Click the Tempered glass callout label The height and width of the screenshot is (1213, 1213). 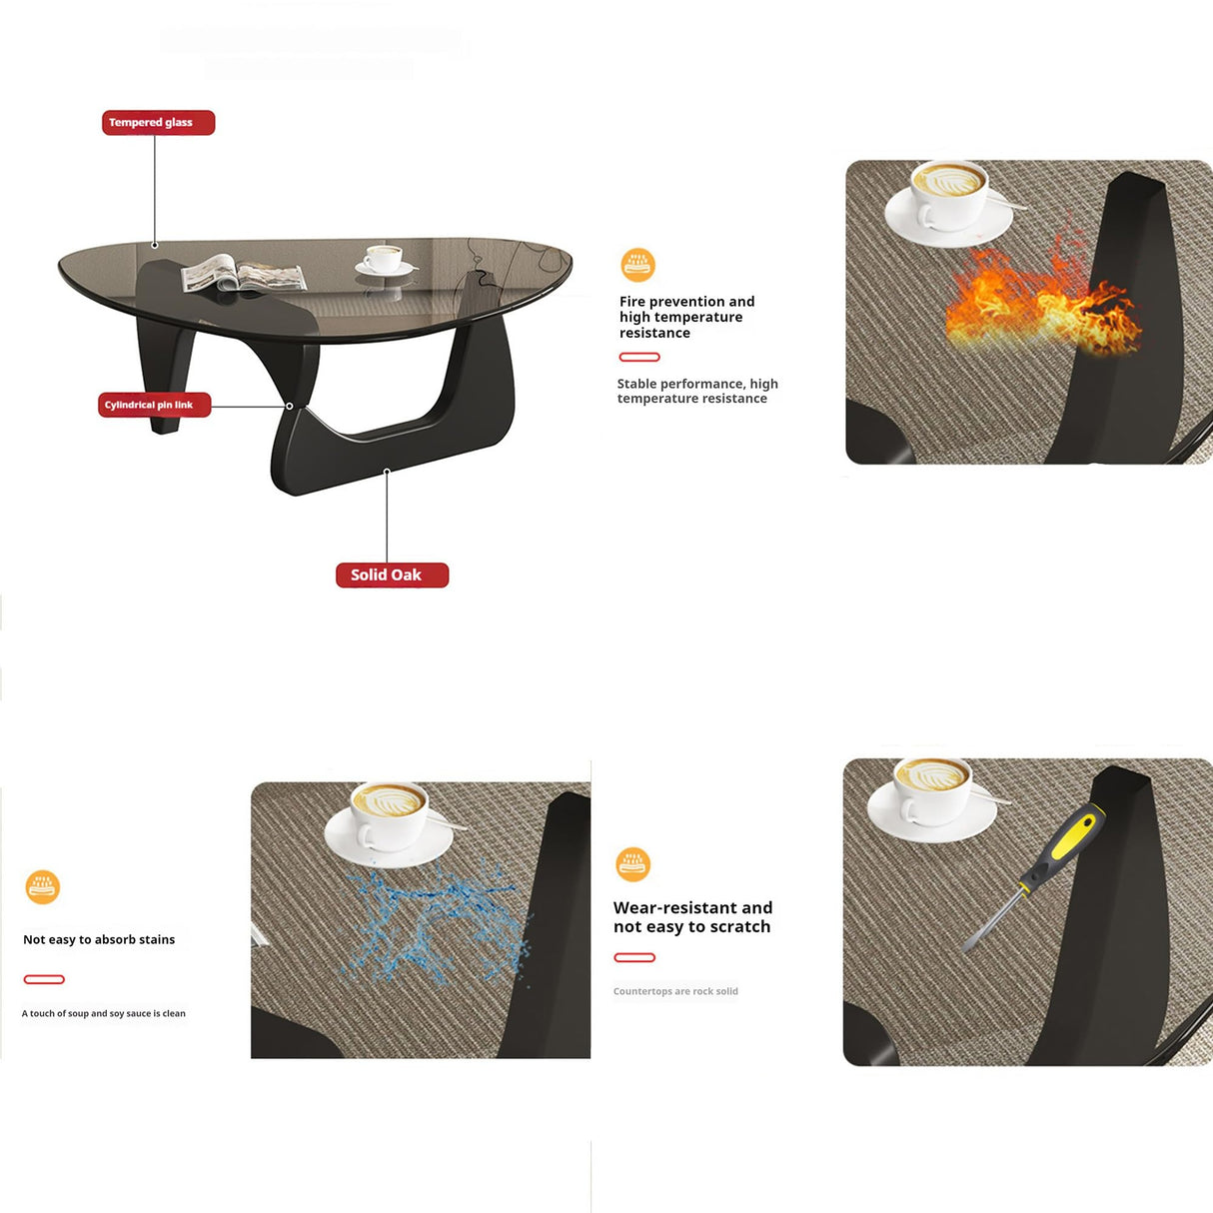point(158,123)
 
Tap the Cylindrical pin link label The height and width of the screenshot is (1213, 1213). point(154,405)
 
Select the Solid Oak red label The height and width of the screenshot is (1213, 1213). point(392,576)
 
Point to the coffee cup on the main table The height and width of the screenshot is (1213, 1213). point(384,259)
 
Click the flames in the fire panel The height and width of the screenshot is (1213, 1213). point(1042,301)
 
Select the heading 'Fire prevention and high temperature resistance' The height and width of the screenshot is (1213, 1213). point(686,318)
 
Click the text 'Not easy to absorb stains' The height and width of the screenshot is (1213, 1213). point(99,940)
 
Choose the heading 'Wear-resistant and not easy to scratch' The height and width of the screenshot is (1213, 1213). point(692,917)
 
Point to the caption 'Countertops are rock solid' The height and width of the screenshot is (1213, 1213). point(675,991)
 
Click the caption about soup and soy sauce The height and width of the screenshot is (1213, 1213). point(103,1013)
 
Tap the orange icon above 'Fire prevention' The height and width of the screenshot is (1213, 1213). point(637,265)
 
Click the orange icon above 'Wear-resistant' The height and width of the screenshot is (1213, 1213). point(632,864)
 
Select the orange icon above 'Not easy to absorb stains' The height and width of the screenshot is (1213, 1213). point(43,887)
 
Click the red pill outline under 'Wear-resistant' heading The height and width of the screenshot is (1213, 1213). point(634,958)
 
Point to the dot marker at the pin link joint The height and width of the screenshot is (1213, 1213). point(290,406)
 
